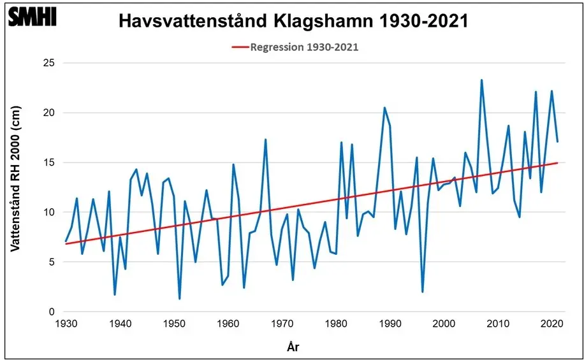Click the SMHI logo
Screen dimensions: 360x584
32,17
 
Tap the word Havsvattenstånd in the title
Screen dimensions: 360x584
192,22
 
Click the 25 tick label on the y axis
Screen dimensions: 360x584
48,63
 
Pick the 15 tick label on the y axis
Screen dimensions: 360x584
48,162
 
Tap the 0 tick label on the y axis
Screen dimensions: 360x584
52,312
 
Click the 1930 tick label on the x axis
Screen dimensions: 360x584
66,325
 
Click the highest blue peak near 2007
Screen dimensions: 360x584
481,80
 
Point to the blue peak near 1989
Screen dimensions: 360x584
384,108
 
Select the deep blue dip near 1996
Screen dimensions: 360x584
423,292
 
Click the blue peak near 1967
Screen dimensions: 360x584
265,140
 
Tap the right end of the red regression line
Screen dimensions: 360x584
558,162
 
